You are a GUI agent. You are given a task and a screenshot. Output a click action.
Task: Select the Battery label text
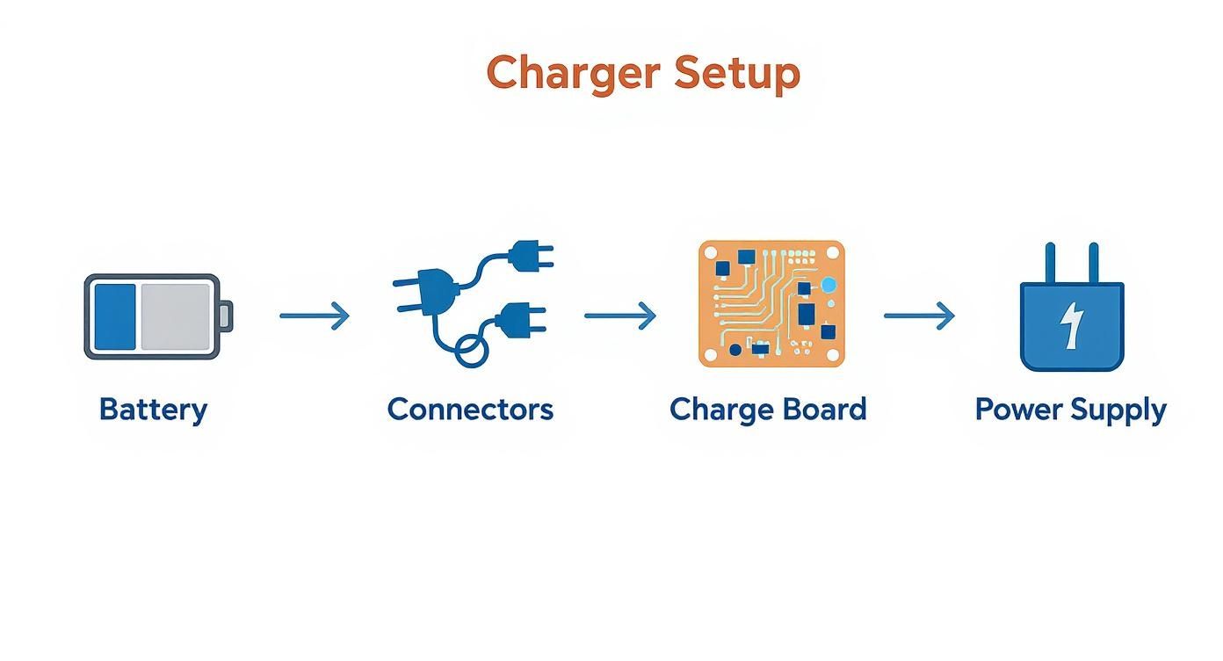pyautogui.click(x=153, y=410)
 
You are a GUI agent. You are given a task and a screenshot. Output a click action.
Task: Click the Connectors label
pyautogui.click(x=470, y=410)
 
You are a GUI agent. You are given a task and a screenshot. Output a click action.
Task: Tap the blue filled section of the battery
pyautogui.click(x=115, y=316)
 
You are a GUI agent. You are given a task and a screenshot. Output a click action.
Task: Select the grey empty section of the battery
pyautogui.click(x=176, y=316)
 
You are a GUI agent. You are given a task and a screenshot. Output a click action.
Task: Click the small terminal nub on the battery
pyautogui.click(x=226, y=316)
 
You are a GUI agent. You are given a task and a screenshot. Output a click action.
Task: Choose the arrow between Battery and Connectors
pyautogui.click(x=315, y=316)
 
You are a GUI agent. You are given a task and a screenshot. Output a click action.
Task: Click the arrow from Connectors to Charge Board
pyautogui.click(x=620, y=316)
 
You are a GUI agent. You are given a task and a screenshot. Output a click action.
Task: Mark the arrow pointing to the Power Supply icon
pyautogui.click(x=919, y=316)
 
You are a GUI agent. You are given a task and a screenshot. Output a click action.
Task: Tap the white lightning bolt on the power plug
pyautogui.click(x=1071, y=325)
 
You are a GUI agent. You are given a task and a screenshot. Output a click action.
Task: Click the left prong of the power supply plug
pyautogui.click(x=1050, y=263)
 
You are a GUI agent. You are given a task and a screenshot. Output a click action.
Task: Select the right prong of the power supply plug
pyautogui.click(x=1093, y=263)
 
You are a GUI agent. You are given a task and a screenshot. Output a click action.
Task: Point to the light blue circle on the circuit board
pyautogui.click(x=829, y=285)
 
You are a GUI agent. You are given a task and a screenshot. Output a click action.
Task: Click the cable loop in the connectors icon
pyautogui.click(x=471, y=352)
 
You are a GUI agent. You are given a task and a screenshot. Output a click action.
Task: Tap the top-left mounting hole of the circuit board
pyautogui.click(x=711, y=253)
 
